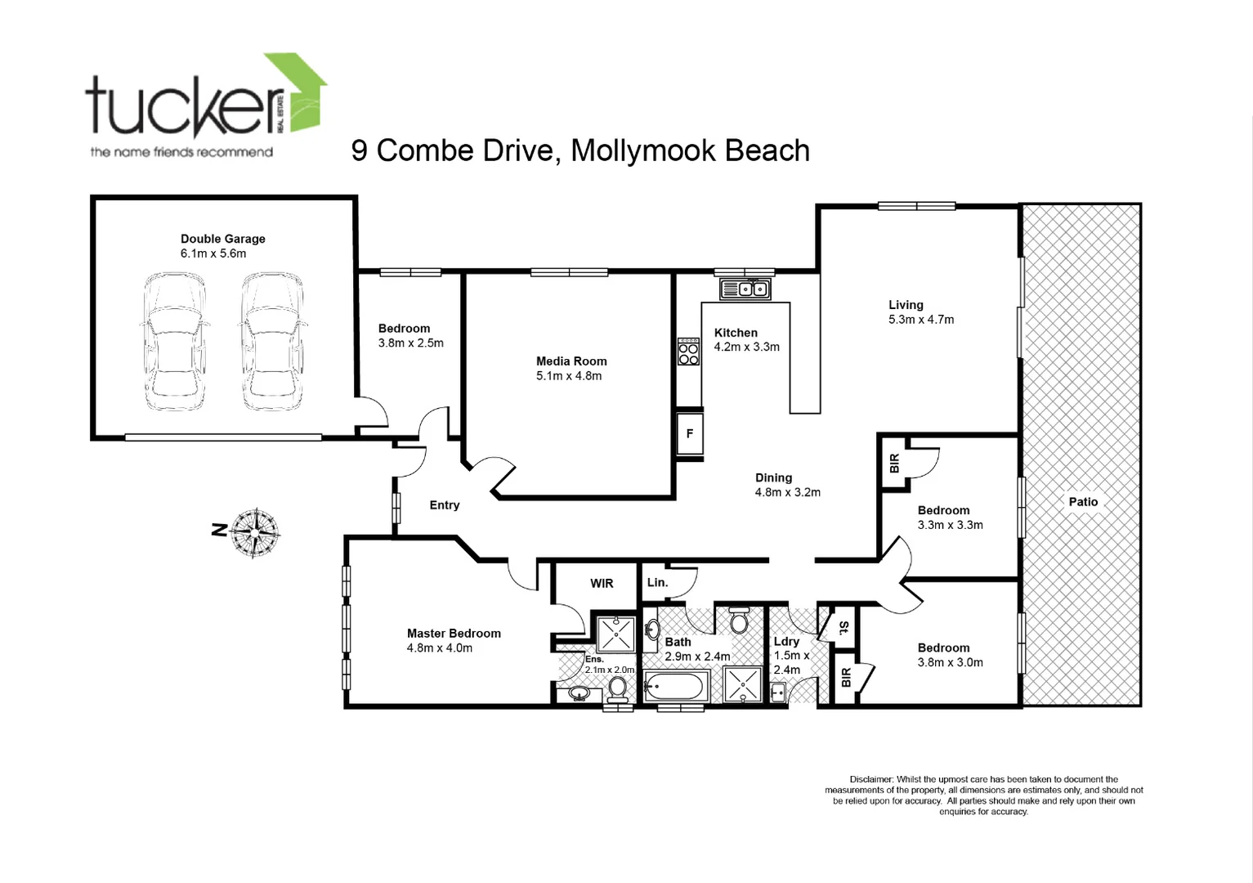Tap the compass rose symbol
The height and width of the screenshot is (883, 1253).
tap(256, 532)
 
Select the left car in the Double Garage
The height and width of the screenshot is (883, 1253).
tap(174, 342)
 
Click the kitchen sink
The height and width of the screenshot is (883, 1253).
tap(745, 289)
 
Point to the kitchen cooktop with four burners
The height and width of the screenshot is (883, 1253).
tap(688, 352)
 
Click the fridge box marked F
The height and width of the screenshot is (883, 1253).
tap(689, 434)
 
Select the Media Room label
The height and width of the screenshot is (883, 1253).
tap(571, 361)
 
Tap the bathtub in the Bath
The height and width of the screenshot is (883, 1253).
tap(676, 685)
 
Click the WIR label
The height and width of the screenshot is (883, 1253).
tap(602, 584)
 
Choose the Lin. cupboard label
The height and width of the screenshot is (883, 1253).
tap(657, 582)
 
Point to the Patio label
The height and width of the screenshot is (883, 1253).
tap(1083, 502)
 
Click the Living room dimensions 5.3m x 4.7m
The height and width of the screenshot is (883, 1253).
tap(921, 320)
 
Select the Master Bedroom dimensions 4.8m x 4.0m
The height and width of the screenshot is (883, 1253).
tap(440, 648)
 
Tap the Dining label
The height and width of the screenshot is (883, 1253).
tap(773, 477)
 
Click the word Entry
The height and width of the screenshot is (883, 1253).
tap(445, 505)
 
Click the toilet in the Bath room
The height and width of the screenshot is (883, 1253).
tap(739, 621)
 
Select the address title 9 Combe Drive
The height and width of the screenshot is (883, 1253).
tap(580, 151)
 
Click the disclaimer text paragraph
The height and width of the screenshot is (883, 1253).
tap(983, 796)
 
